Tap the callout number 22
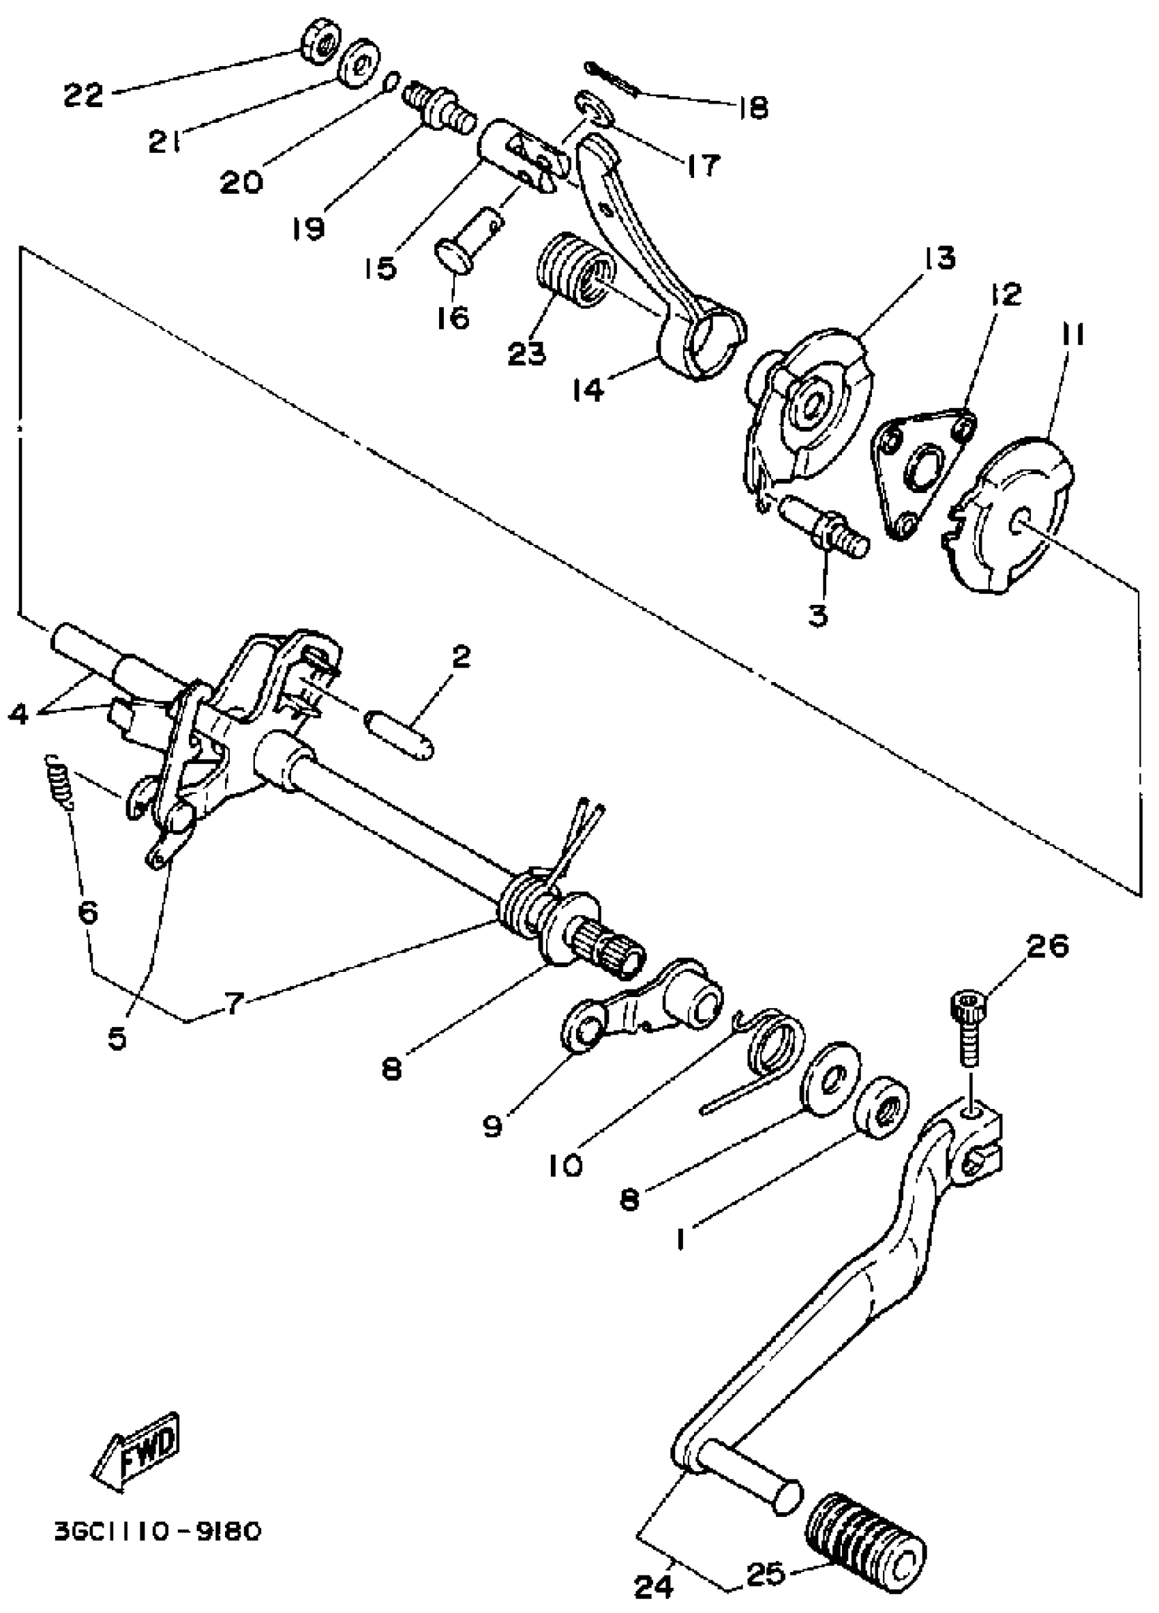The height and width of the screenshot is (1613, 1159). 83,95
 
